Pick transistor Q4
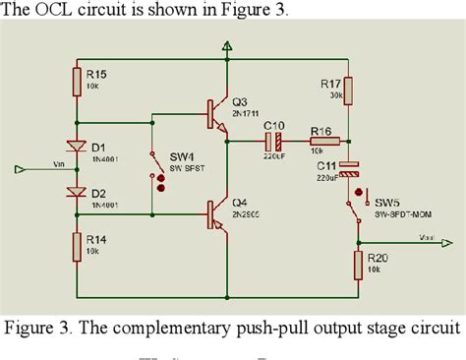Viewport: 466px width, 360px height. pyautogui.click(x=215, y=214)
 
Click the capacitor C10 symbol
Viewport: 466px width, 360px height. pyautogui.click(x=274, y=140)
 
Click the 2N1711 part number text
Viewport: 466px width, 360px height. pyautogui.click(x=249, y=113)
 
